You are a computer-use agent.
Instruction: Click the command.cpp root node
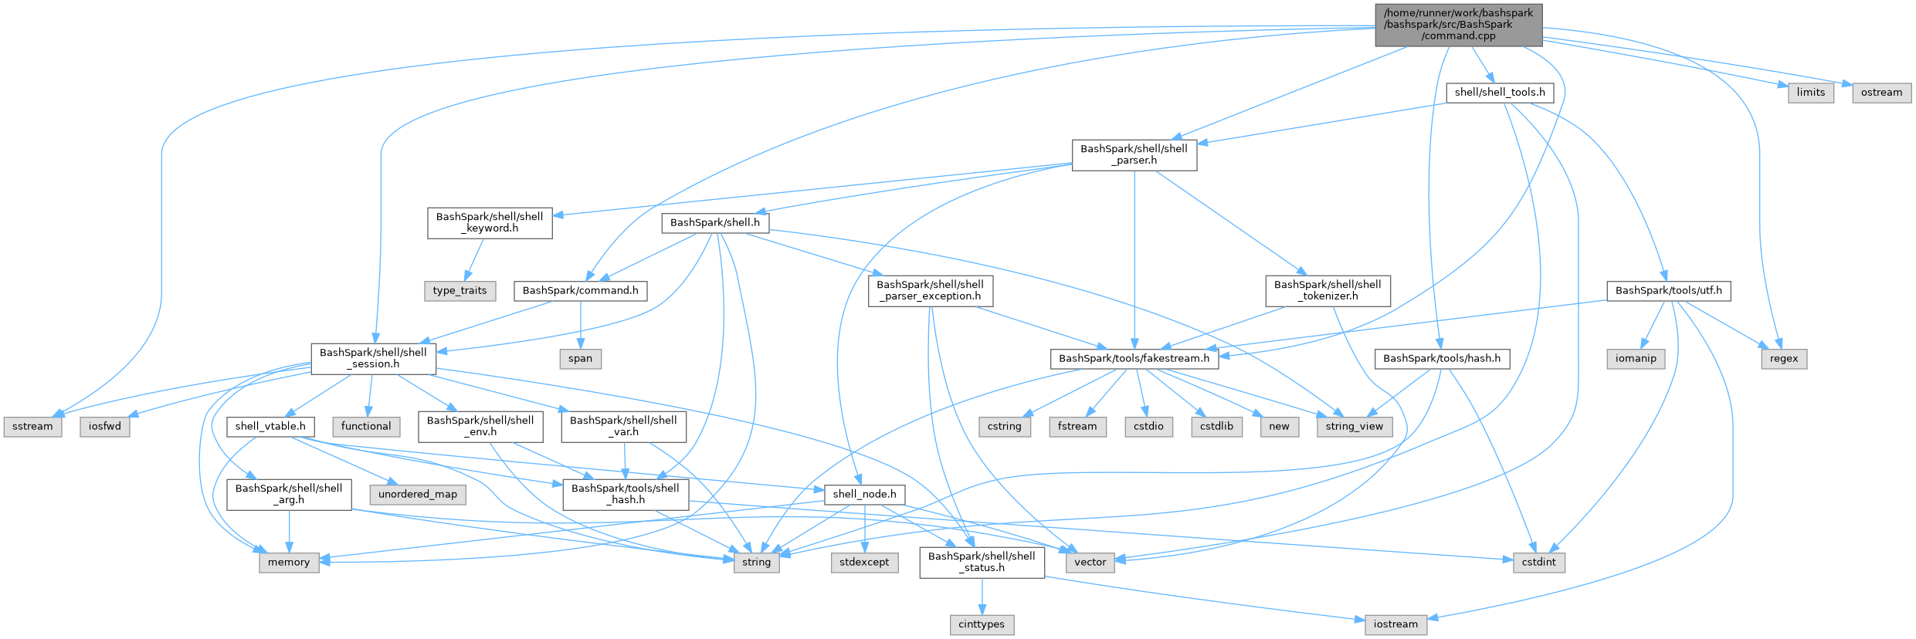pos(1458,25)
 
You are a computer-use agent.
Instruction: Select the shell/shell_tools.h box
pos(1500,93)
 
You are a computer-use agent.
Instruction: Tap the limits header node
pos(1810,93)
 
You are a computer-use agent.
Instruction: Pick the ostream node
pos(1881,93)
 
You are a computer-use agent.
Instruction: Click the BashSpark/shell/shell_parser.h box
pos(1134,154)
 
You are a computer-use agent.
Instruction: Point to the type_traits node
pos(460,291)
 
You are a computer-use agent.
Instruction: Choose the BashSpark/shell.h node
pos(714,223)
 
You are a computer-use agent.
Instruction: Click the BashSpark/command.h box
pos(580,291)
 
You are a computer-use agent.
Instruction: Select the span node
pos(580,359)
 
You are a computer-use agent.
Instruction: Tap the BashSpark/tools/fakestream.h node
pos(1134,359)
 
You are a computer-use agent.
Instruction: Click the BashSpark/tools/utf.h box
pos(1668,291)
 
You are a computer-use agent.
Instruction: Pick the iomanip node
pos(1636,359)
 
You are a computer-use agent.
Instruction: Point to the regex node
pos(1784,359)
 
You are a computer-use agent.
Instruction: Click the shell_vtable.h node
pos(270,427)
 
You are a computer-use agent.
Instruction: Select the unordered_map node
pos(418,495)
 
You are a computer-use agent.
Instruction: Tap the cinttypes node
pos(982,624)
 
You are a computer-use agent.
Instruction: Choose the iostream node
pos(1395,624)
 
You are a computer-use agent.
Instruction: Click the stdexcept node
pos(864,563)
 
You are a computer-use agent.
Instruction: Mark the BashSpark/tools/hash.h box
pos(1442,359)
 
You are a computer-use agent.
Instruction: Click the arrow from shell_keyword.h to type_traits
pos(474,259)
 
